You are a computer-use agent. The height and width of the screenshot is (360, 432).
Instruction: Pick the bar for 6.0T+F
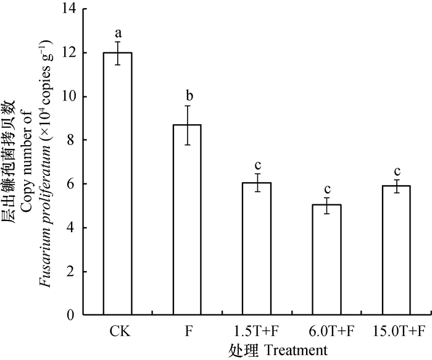tap(326, 260)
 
